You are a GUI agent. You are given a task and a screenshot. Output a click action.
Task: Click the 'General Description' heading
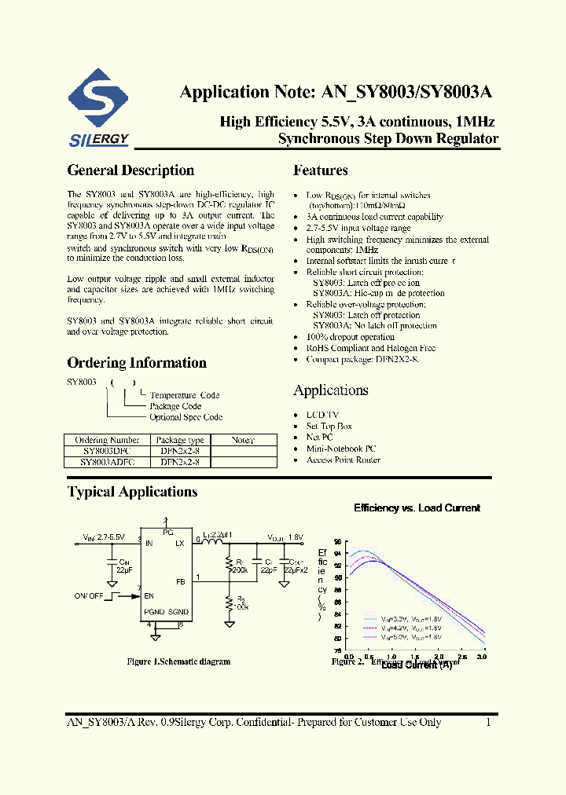pyautogui.click(x=130, y=170)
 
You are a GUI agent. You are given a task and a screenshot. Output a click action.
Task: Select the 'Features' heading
pyautogui.click(x=321, y=170)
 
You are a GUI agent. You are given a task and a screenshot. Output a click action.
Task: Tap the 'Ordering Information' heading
pyautogui.click(x=137, y=363)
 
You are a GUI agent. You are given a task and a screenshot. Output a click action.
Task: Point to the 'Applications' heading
pyautogui.click(x=331, y=390)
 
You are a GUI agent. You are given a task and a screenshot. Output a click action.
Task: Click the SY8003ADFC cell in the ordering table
pyautogui.click(x=108, y=463)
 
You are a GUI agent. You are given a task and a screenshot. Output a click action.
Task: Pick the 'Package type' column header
pyautogui.click(x=180, y=441)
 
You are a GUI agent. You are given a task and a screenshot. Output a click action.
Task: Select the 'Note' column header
pyautogui.click(x=243, y=441)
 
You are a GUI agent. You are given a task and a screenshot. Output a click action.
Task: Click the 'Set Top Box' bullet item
pyautogui.click(x=329, y=427)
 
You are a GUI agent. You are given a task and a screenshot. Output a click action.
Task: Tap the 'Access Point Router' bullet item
pyautogui.click(x=343, y=460)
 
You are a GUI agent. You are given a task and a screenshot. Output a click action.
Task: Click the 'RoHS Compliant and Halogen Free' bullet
pyautogui.click(x=360, y=348)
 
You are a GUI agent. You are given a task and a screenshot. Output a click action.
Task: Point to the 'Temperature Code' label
pyautogui.click(x=185, y=395)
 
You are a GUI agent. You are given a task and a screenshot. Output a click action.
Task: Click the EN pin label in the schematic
pyautogui.click(x=149, y=596)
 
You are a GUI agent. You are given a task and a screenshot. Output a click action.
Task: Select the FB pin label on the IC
pyautogui.click(x=181, y=582)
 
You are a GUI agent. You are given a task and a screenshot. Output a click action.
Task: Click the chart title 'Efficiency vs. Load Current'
pyautogui.click(x=417, y=508)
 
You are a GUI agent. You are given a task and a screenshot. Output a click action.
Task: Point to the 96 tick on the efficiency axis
pyautogui.click(x=337, y=542)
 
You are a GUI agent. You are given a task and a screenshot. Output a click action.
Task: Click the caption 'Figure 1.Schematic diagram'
pyautogui.click(x=178, y=662)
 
